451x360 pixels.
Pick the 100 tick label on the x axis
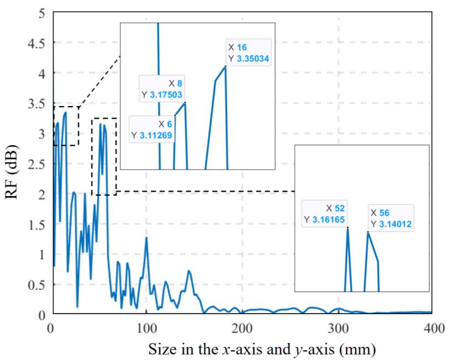[146, 328]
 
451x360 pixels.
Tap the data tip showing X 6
[152, 129]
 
